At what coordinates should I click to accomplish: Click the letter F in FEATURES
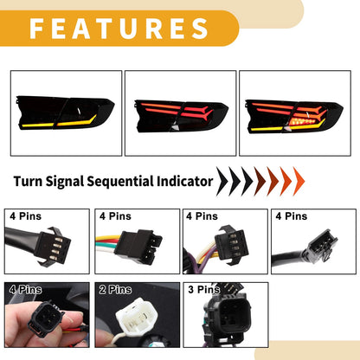coord(37,29)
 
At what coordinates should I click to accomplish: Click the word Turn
coord(28,182)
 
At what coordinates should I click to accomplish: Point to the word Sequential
coord(120,182)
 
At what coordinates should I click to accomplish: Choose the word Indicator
coord(184,182)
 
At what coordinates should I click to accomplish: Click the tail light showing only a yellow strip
coord(65,112)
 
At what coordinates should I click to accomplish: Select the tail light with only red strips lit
coord(182,116)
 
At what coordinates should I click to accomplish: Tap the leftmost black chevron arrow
coord(222,182)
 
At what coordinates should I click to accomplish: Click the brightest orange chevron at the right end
coord(299,182)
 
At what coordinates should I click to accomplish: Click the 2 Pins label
coord(115,289)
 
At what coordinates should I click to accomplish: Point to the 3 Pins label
coord(203,289)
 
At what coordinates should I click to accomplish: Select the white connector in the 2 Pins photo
coord(134,317)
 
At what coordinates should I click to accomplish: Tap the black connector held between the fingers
coord(46,318)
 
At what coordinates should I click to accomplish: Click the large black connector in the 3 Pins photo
coord(228,313)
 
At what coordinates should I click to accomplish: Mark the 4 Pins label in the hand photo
coord(25,289)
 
